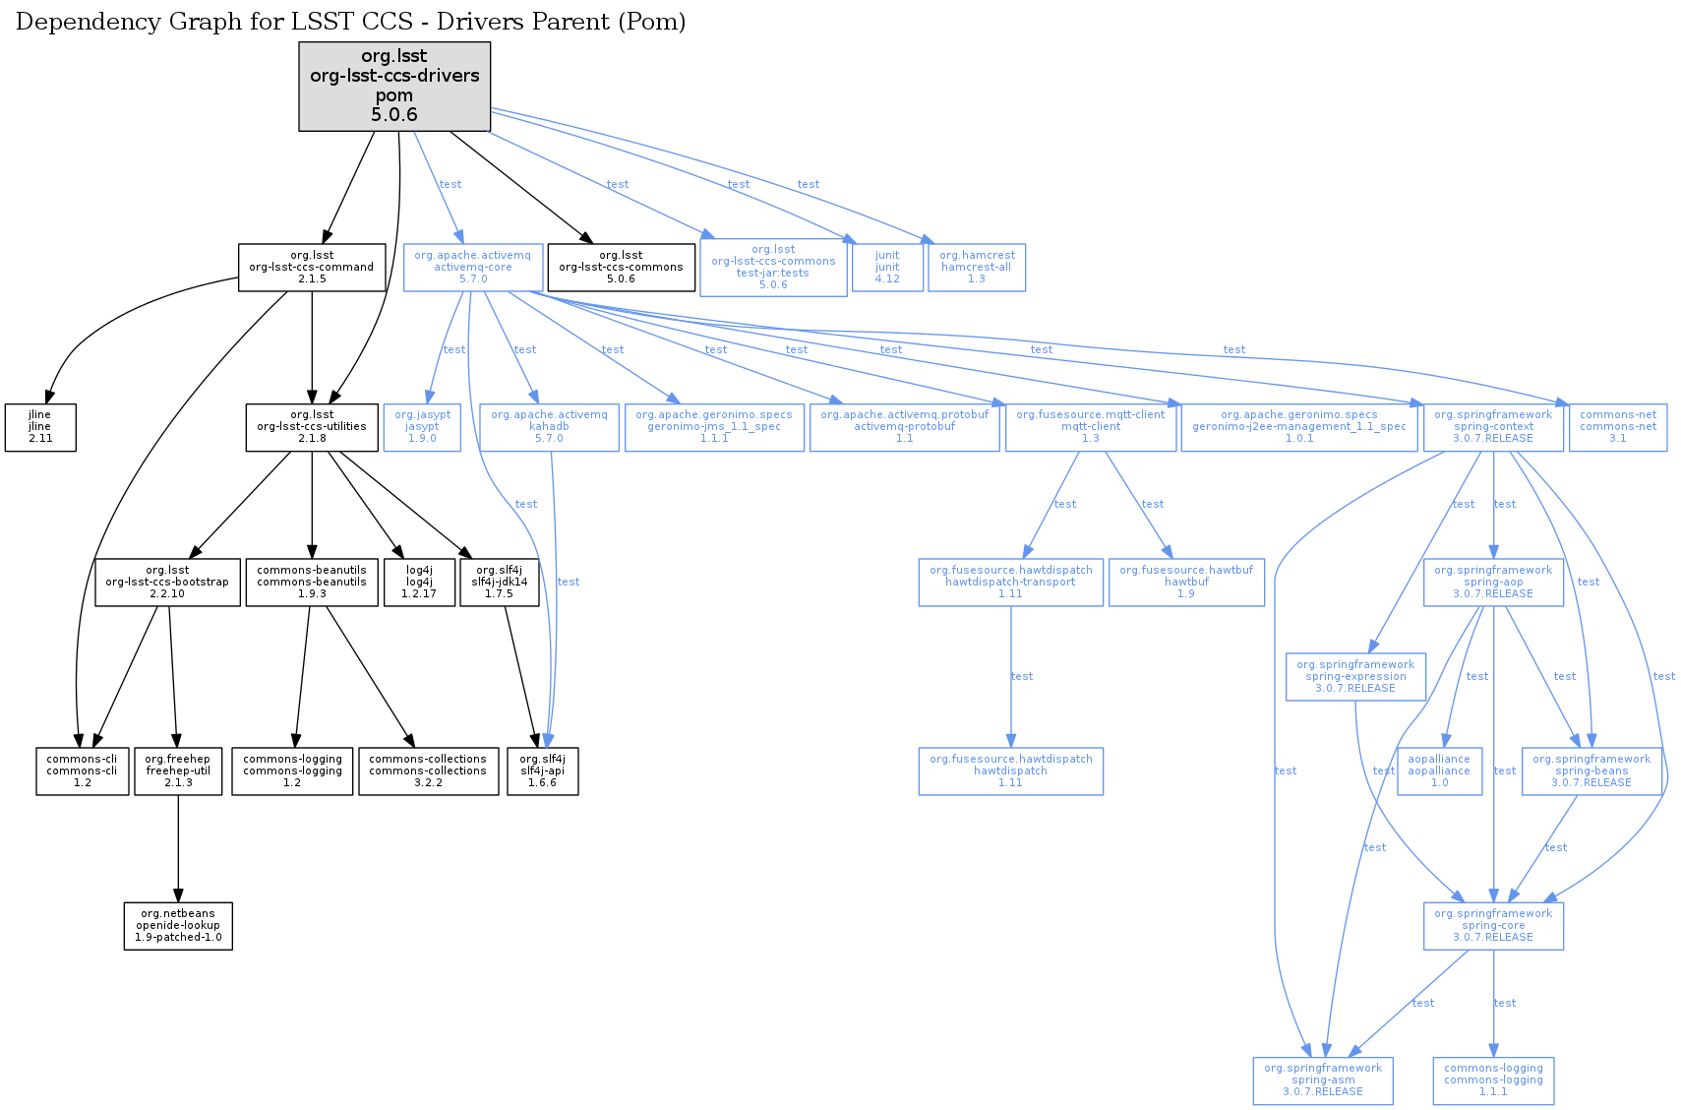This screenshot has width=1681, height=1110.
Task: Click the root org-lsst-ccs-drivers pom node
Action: pos(394,86)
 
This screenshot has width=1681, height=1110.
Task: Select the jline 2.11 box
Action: pos(40,427)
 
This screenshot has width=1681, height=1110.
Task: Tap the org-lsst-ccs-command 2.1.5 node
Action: pos(312,267)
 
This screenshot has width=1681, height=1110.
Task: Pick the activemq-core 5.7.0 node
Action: pos(472,267)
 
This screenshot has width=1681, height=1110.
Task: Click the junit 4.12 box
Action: pos(887,267)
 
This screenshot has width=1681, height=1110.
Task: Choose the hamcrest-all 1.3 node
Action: pos(976,267)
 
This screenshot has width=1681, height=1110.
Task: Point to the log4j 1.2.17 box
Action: pos(419,582)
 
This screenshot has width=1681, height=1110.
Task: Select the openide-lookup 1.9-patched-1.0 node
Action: pos(178,925)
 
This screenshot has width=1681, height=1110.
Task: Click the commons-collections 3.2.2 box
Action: pos(428,771)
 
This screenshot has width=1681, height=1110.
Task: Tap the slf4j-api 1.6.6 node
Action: pos(542,771)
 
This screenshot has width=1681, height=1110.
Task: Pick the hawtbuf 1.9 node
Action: pos(1186,582)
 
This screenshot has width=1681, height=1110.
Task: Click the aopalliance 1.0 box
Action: pos(1439,771)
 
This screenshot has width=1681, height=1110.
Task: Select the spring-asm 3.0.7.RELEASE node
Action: pos(1323,1079)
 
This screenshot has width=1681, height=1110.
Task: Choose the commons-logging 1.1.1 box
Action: pos(1493,1079)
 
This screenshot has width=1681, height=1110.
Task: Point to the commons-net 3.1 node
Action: pos(1618,426)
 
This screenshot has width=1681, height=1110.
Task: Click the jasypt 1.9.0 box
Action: pos(422,426)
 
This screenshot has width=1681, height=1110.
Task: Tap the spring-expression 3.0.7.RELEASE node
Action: pos(1355,676)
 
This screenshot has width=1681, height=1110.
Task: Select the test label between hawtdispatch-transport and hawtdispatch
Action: pos(1022,676)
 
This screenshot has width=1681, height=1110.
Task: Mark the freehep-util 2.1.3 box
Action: pos(178,771)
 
